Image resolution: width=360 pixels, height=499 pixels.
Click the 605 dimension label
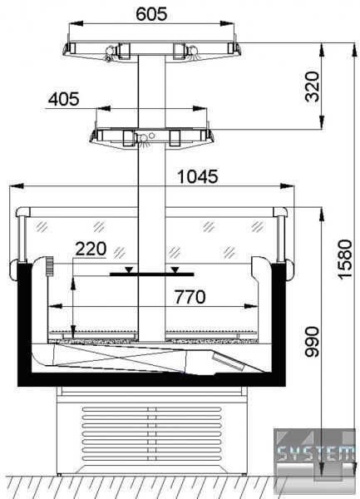point(151,14)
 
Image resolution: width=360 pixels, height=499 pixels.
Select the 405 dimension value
point(64,99)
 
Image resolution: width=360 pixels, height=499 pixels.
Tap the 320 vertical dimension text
point(312,86)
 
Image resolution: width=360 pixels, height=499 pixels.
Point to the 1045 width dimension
point(198,176)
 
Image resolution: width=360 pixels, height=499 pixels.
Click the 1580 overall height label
point(345,259)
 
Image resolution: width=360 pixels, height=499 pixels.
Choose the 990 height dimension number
point(312,342)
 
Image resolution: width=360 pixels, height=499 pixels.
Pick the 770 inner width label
point(190,297)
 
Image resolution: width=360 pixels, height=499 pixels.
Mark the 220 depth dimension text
point(91,249)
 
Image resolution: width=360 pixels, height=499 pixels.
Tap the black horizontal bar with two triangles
point(151,274)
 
